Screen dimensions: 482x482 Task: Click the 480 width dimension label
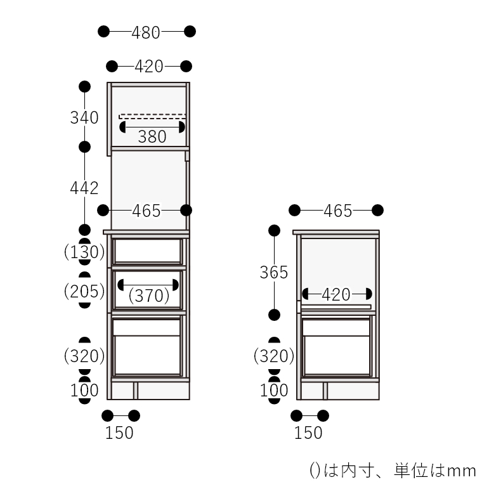146,32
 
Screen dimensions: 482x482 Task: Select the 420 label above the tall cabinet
149,67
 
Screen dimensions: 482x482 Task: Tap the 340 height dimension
84,118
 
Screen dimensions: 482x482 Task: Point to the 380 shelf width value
152,136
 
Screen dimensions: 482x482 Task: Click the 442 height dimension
84,188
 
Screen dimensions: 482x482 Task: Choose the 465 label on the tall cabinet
147,211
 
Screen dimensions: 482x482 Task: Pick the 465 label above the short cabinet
337,211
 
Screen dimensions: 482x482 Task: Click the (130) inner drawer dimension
84,252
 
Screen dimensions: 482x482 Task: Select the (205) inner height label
84,292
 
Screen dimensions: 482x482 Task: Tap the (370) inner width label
148,295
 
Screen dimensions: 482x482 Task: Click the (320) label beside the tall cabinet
84,356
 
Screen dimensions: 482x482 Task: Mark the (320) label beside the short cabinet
274,356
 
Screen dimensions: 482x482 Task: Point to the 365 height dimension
274,273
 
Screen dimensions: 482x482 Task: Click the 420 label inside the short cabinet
336,295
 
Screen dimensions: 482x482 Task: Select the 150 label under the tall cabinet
119,433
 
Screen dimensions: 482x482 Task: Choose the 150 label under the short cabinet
309,433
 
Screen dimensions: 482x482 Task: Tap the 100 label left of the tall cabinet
84,390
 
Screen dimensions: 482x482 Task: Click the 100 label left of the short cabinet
274,390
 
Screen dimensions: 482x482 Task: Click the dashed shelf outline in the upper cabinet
152,116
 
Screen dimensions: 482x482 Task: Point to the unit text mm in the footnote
461,471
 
